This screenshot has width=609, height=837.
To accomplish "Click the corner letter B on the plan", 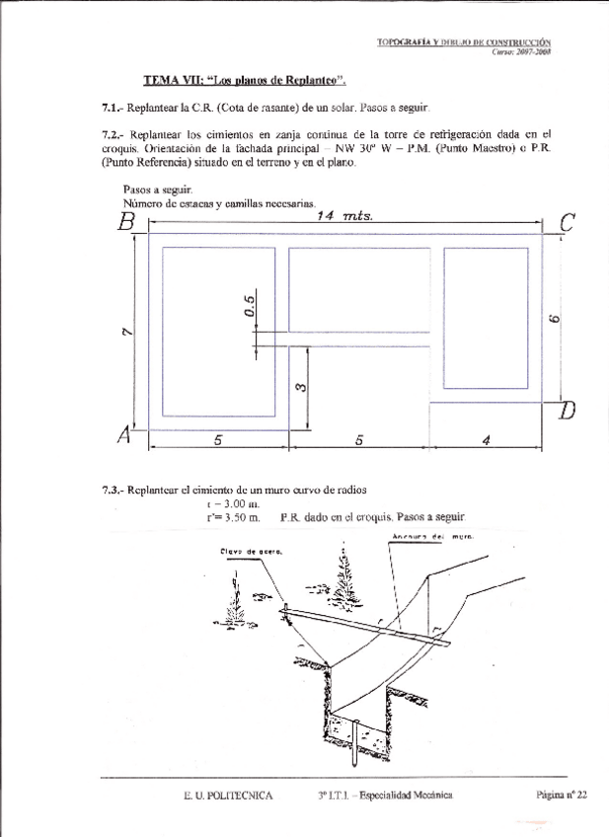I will click(125, 221).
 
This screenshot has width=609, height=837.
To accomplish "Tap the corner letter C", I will click(567, 224).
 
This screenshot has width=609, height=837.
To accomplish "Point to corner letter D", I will click(567, 410).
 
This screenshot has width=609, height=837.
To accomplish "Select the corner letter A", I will click(125, 435).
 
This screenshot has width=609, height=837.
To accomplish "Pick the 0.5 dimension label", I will click(250, 306).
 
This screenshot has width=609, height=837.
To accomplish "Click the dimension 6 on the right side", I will click(556, 319).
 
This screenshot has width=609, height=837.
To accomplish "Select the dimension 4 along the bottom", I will click(487, 441).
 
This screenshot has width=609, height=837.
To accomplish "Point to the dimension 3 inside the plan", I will click(299, 386).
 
